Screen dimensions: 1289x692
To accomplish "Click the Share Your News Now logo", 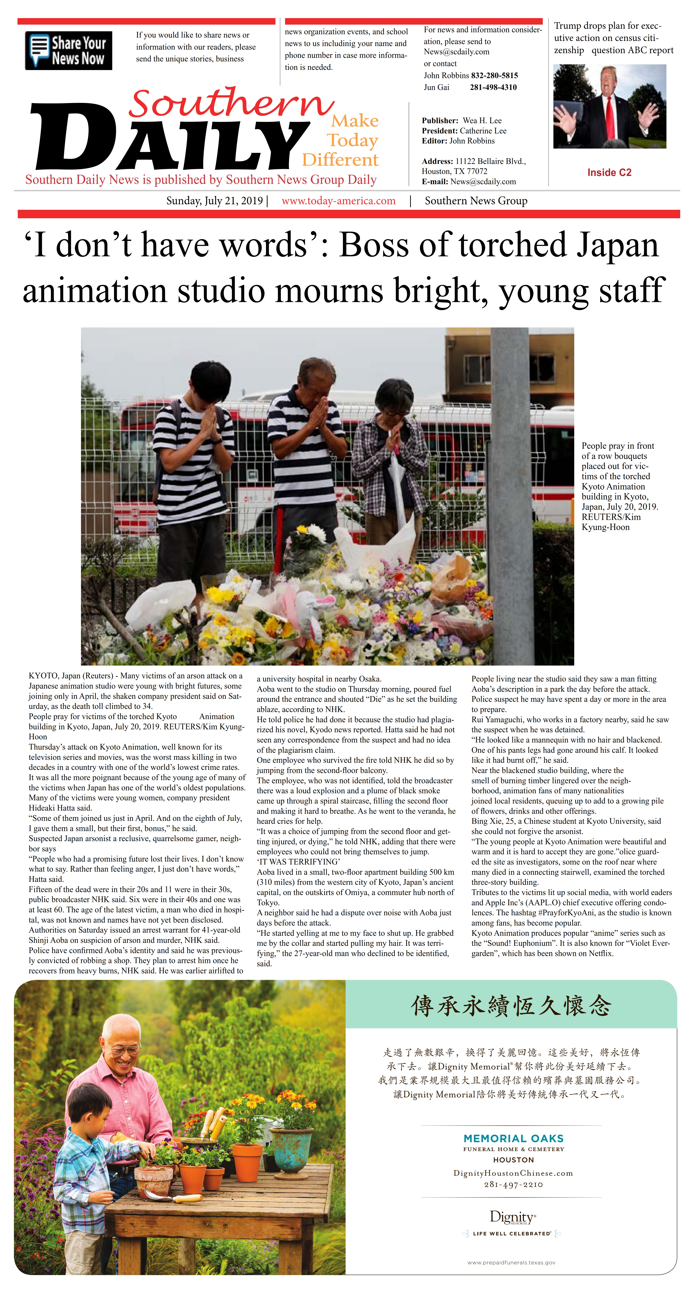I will click(68, 51).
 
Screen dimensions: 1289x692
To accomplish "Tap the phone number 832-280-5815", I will click(494, 76).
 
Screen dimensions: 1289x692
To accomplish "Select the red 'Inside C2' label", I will click(609, 173).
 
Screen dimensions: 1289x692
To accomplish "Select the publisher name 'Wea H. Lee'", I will click(482, 121).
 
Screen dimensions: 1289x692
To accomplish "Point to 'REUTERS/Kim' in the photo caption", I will click(611, 517).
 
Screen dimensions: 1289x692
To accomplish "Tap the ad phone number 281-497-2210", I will click(513, 1185).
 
